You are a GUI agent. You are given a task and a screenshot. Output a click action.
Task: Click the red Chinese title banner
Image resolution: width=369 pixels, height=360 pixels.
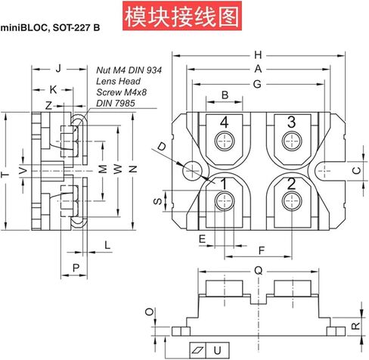[182, 16]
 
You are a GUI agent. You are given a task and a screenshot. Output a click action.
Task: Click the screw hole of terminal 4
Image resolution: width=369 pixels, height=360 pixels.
[225, 141]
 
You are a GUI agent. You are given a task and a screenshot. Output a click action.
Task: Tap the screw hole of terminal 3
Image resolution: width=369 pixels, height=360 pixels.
[292, 141]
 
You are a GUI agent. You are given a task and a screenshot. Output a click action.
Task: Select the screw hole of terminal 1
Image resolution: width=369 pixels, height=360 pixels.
[225, 201]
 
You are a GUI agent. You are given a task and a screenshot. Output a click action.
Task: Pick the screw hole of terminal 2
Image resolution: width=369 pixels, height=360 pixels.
[292, 201]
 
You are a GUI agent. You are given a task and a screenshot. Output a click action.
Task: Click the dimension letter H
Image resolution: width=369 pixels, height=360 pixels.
[258, 55]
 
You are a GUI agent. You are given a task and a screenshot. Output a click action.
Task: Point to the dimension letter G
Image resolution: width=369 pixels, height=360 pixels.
[257, 84]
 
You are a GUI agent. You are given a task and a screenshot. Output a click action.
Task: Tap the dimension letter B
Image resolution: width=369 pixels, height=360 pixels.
[225, 95]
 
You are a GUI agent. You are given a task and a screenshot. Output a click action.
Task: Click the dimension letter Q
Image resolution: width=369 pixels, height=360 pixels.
[259, 271]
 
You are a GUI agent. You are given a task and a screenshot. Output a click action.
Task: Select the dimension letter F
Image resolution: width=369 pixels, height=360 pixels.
[262, 251]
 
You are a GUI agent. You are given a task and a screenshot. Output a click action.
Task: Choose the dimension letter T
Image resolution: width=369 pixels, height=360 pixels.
[5, 175]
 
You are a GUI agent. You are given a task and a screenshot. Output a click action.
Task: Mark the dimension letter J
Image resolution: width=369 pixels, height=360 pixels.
[59, 68]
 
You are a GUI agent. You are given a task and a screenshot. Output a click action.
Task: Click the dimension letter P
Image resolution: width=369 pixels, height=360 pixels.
[76, 268]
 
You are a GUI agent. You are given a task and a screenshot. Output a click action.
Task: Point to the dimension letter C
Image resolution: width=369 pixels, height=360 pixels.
[357, 171]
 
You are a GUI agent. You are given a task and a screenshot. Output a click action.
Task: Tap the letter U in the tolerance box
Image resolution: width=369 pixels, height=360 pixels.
[217, 350]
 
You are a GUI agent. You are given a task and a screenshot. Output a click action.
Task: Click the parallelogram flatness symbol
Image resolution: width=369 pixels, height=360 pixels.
[198, 350]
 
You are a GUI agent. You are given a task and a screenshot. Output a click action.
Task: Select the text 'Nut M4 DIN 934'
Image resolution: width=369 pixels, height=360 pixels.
[129, 70]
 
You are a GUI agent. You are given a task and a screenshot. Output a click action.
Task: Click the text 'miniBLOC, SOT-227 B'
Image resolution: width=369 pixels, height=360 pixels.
[50, 27]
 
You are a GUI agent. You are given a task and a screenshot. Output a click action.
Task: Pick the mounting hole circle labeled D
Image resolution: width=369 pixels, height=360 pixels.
[193, 170]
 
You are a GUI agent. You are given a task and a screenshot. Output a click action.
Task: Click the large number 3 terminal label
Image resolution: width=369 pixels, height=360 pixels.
[292, 122]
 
